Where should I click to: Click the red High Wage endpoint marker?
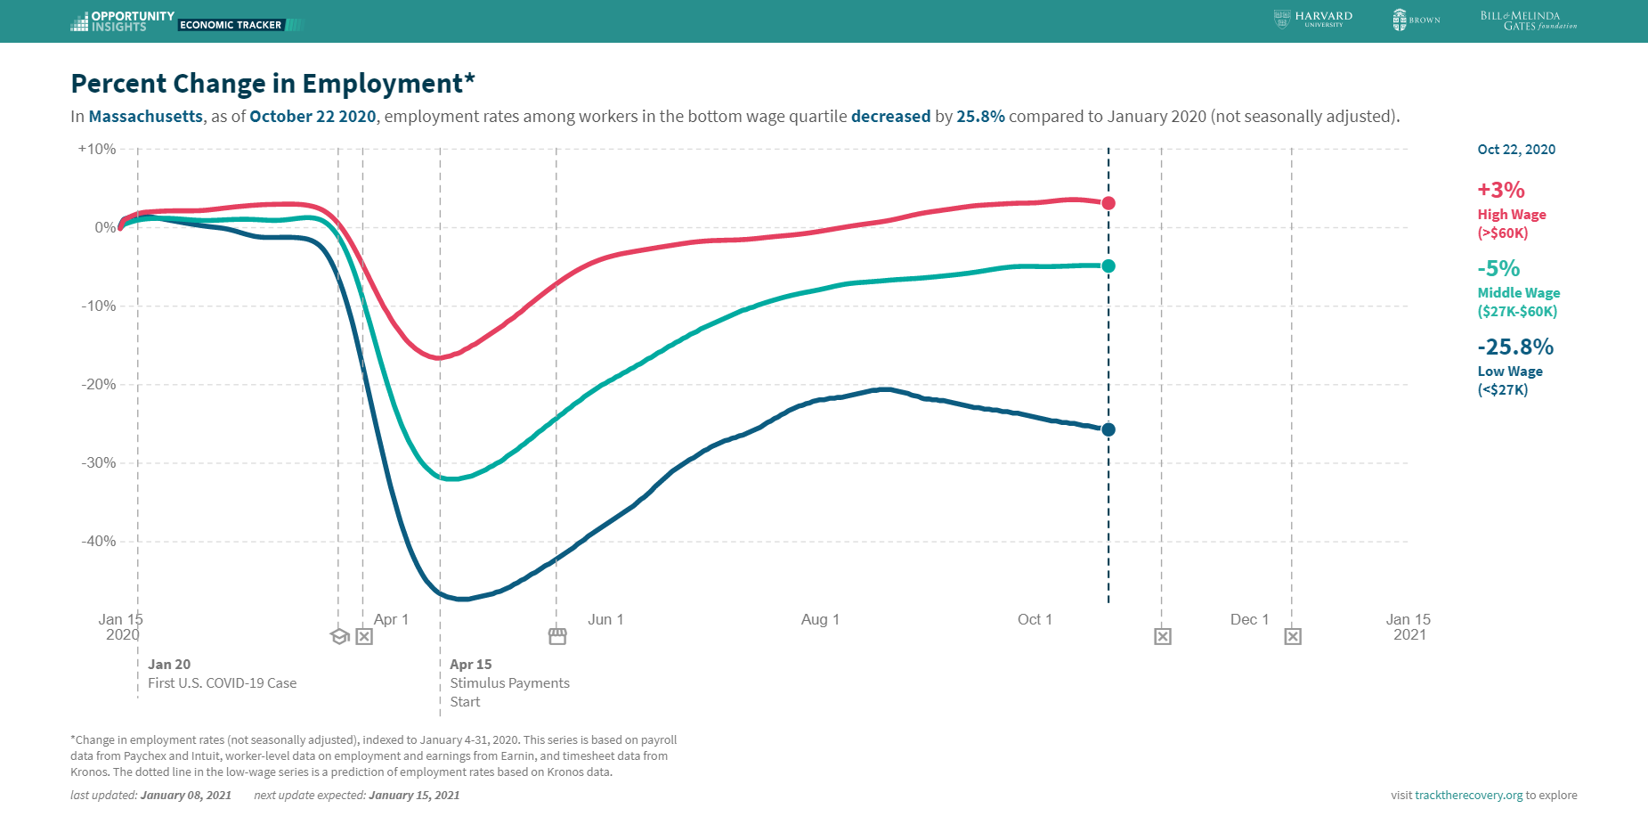click(x=1108, y=203)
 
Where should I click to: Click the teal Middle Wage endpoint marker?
click(x=1108, y=265)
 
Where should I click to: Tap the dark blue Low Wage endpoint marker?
click(x=1108, y=429)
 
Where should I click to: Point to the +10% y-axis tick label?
click(x=97, y=149)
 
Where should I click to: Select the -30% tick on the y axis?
click(x=99, y=462)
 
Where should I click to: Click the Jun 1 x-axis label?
click(x=605, y=619)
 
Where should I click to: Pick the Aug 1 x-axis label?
click(x=820, y=619)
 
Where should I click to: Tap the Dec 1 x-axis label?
click(x=1249, y=619)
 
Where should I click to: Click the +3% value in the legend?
click(x=1501, y=190)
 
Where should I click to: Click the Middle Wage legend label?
click(x=1519, y=293)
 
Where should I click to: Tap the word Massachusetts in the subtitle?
click(x=146, y=117)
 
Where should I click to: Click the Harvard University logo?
click(x=1313, y=20)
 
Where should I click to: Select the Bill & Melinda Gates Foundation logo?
click(x=1528, y=20)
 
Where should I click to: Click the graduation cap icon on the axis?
click(x=339, y=636)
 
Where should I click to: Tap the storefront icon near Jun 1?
click(x=557, y=636)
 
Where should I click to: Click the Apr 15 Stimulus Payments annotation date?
click(x=470, y=665)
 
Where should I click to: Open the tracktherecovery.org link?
click(x=1468, y=796)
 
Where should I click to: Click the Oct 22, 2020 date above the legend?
click(x=1516, y=150)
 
